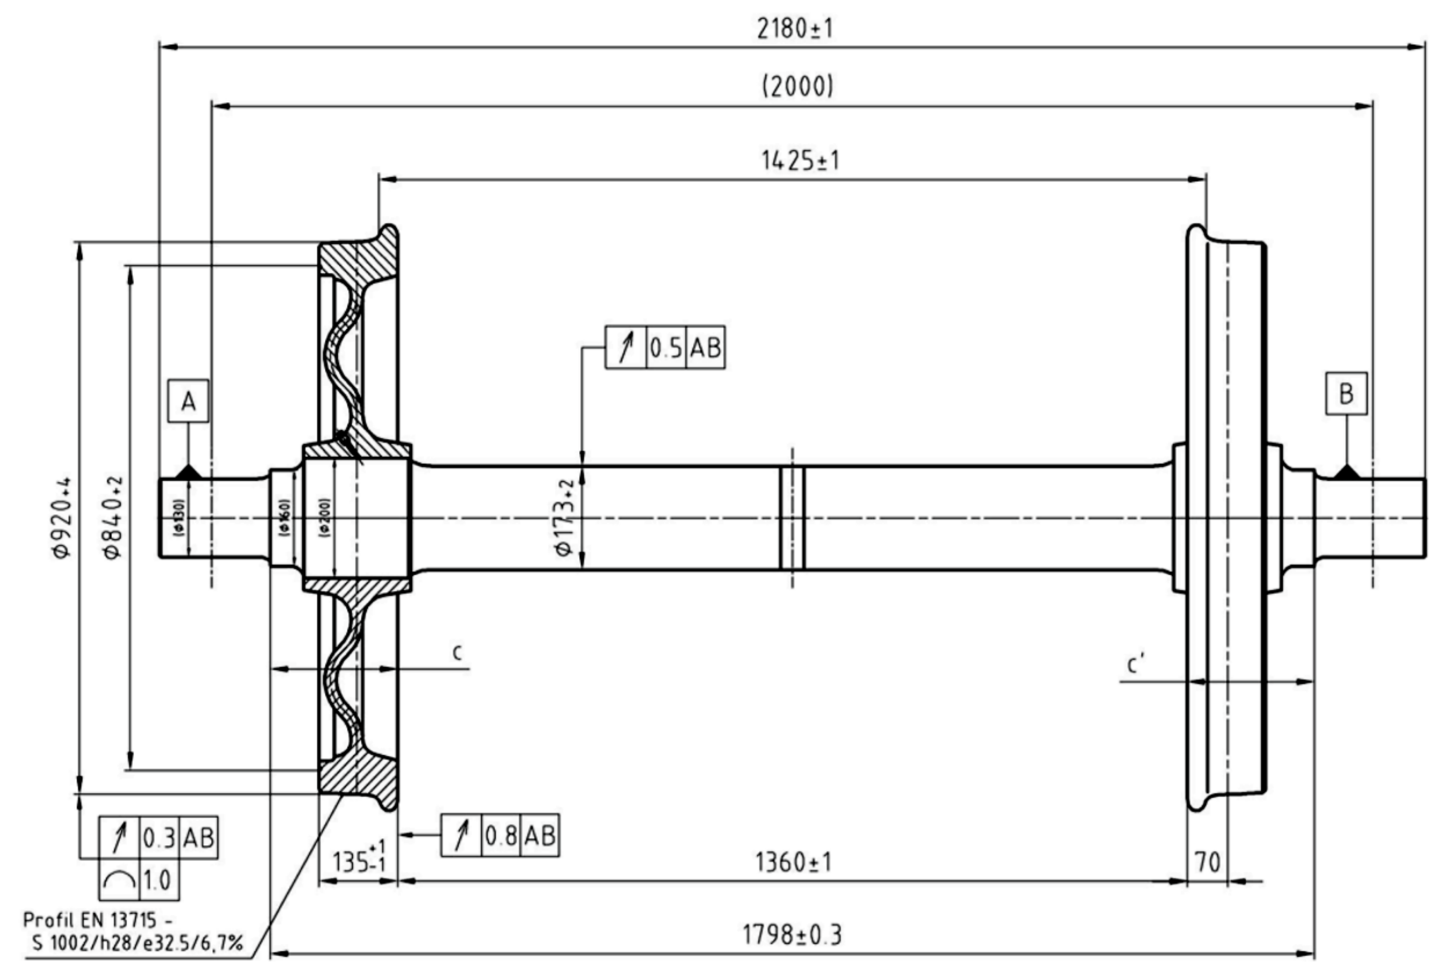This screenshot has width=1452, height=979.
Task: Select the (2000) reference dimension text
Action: [x=797, y=86]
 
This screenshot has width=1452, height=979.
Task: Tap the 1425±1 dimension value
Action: [x=800, y=161]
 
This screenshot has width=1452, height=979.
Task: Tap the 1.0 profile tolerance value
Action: [x=157, y=880]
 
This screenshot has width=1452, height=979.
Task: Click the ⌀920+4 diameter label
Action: [x=63, y=517]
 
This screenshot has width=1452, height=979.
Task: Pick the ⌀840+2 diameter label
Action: [x=114, y=517]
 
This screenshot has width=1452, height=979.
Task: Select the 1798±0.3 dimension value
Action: [x=791, y=935]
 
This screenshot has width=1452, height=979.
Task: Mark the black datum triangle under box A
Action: [x=189, y=473]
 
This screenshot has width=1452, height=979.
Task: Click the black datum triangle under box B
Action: [x=1346, y=473]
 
